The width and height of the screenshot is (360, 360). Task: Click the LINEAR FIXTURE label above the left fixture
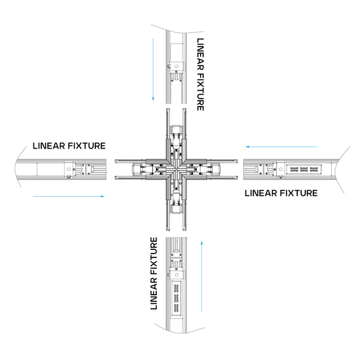[x=69, y=146]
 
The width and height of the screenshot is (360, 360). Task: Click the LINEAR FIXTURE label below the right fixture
[x=281, y=193]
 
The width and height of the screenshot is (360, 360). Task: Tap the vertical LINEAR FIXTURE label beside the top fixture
[x=202, y=73]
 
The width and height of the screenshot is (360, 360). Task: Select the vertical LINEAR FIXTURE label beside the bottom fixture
[x=155, y=273]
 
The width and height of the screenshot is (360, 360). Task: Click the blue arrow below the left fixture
[x=69, y=196]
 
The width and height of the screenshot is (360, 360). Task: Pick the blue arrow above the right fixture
[x=281, y=146]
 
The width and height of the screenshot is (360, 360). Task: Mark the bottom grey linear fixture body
[x=177, y=283]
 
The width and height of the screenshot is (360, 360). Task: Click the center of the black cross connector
[x=177, y=170]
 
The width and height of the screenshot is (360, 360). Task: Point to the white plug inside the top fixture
[x=176, y=93]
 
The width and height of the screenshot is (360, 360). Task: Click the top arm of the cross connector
[x=177, y=133]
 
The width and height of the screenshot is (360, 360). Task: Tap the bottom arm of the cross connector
[x=177, y=207]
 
